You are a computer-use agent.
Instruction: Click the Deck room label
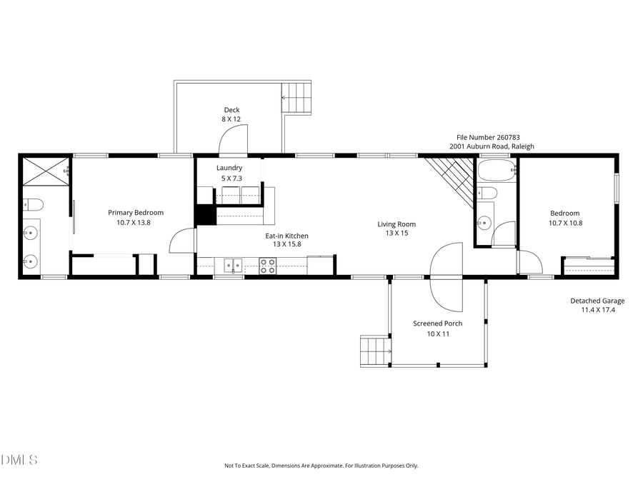(231, 110)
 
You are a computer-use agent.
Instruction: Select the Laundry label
(229, 168)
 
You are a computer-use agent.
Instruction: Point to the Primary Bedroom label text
(136, 212)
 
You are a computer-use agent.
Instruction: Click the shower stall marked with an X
(46, 172)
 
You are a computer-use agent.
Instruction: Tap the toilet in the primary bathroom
(33, 205)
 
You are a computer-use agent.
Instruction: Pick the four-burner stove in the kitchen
(268, 266)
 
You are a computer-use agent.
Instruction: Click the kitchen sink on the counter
(233, 266)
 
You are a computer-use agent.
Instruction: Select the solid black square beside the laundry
(205, 215)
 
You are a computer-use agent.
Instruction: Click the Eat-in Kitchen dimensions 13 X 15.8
(287, 244)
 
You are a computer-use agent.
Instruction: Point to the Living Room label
(397, 224)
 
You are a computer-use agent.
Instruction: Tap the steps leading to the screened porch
(375, 351)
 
